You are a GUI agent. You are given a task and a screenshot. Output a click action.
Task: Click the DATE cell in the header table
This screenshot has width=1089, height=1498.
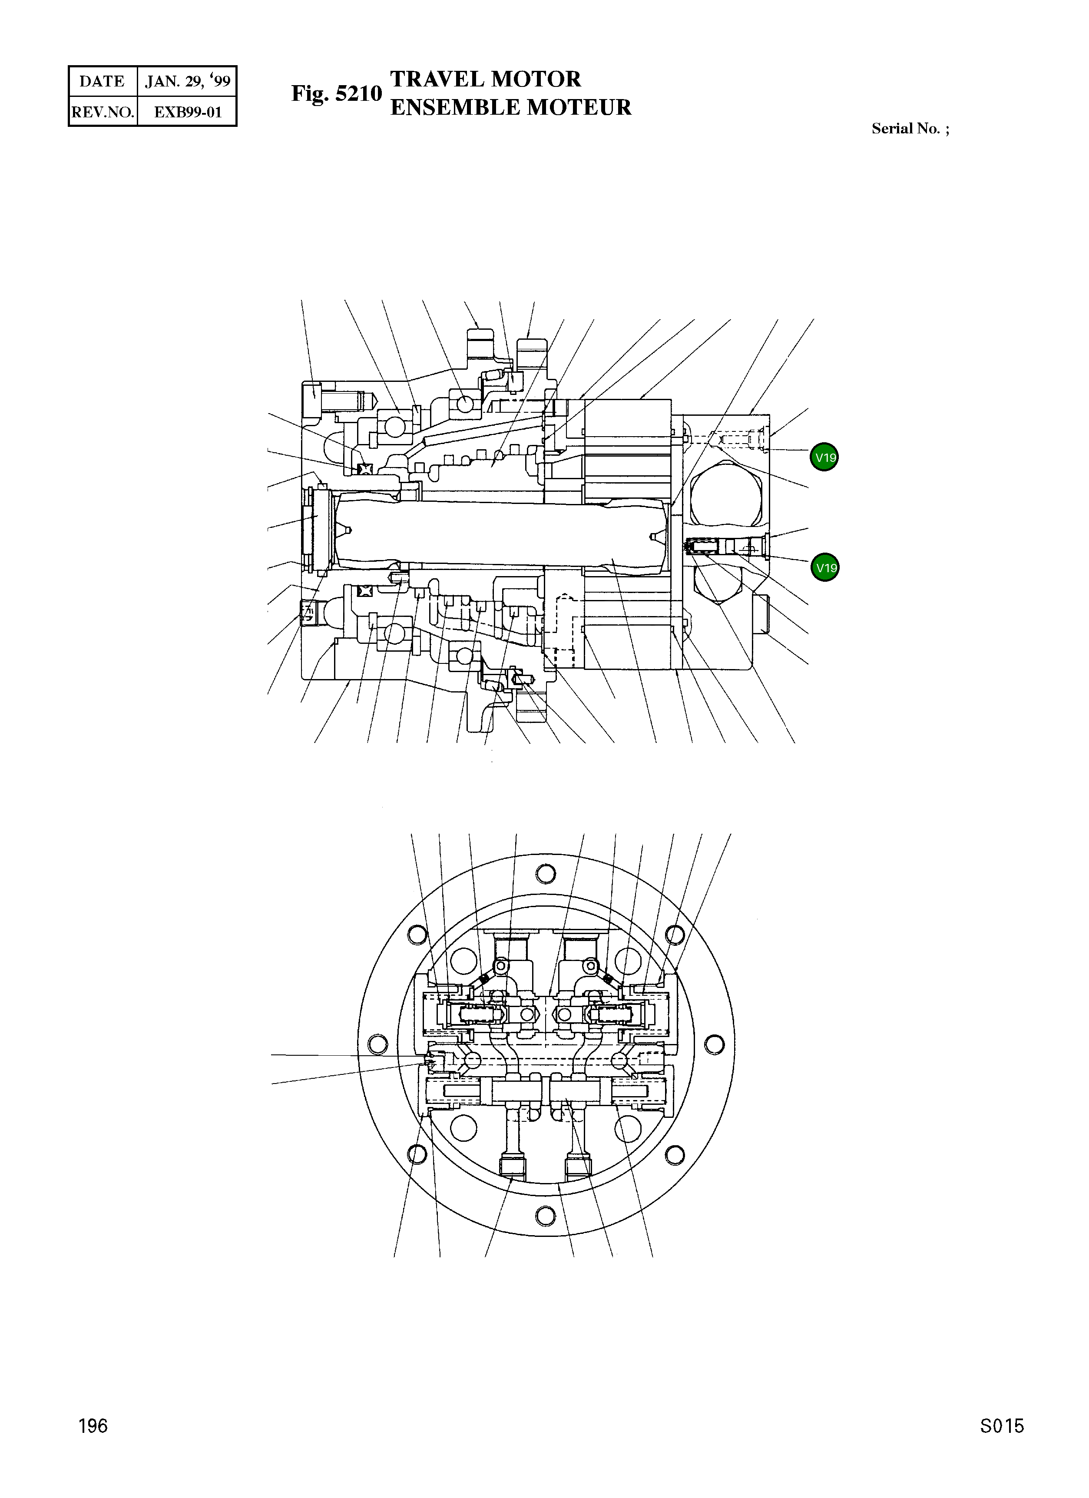point(102,81)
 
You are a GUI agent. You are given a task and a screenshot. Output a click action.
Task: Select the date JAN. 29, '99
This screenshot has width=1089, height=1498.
point(188,81)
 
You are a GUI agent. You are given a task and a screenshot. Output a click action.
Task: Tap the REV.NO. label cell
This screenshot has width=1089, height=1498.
point(103,112)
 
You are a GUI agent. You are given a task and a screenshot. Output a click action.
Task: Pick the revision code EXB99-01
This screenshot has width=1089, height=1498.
point(188,112)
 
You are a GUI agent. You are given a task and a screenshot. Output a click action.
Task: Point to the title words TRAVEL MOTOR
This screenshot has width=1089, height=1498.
point(485,79)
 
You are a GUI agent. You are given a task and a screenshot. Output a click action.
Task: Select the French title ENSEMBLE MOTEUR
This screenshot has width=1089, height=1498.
point(510,107)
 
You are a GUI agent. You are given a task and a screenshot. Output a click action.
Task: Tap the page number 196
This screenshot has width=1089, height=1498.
point(93,1445)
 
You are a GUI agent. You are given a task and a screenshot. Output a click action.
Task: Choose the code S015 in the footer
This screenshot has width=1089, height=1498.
point(1002,1445)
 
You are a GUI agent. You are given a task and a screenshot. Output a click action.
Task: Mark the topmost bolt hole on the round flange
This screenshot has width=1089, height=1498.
point(546,874)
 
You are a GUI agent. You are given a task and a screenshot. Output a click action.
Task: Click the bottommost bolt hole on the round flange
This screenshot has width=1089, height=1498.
point(546,1215)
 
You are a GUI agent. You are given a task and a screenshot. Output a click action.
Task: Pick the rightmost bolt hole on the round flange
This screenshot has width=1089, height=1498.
point(714,1044)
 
